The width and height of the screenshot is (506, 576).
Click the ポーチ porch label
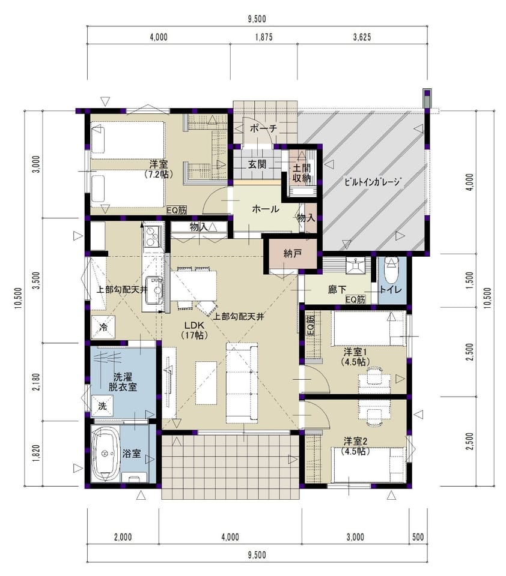tap(263, 128)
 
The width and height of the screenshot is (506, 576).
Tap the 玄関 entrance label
tap(257, 164)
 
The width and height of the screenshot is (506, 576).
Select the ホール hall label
tap(266, 209)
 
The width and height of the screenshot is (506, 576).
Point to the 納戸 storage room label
tap(293, 253)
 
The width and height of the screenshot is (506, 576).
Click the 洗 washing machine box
tap(102, 406)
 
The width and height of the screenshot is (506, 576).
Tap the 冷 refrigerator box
tap(103, 327)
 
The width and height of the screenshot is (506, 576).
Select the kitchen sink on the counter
tap(154, 290)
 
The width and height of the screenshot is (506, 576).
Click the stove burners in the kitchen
tap(151, 236)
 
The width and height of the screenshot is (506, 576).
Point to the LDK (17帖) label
tap(194, 330)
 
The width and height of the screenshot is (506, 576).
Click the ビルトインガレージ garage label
tap(372, 182)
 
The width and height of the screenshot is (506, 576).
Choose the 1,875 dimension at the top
tap(264, 37)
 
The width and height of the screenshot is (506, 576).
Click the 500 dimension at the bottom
tap(418, 537)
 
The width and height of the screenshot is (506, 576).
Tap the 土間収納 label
tap(302, 173)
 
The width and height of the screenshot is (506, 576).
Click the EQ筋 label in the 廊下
tap(356, 299)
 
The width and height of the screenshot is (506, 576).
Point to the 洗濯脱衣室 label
tap(123, 382)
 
